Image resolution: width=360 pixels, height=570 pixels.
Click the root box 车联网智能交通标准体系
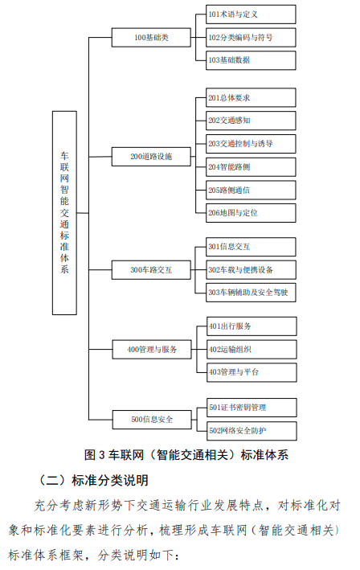(64, 213)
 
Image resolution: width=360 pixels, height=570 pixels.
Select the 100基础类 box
(151, 38)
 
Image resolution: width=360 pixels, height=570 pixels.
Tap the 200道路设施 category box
(151, 157)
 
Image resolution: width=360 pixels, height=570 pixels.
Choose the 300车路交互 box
(151, 270)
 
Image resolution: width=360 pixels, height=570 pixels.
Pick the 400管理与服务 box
(152, 350)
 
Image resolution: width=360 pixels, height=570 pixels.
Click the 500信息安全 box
(152, 420)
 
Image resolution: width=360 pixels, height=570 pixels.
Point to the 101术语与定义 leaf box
(251, 14)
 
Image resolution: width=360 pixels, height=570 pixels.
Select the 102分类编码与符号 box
(251, 38)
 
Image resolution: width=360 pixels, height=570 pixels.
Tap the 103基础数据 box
(251, 60)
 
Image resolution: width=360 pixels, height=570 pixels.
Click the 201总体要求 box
(251, 97)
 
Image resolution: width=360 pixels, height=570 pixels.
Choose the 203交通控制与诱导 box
(251, 144)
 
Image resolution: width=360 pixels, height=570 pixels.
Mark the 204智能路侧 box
(251, 167)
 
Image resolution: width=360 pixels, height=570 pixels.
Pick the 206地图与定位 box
(251, 213)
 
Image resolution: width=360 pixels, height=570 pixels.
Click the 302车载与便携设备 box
(251, 270)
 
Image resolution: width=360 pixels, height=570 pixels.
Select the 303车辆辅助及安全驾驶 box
(251, 293)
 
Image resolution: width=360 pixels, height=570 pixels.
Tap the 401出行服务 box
(252, 326)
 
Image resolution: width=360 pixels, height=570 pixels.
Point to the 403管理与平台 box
(252, 372)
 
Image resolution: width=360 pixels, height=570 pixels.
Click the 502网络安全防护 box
(252, 431)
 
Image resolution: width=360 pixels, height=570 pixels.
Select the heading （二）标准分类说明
(94, 480)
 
